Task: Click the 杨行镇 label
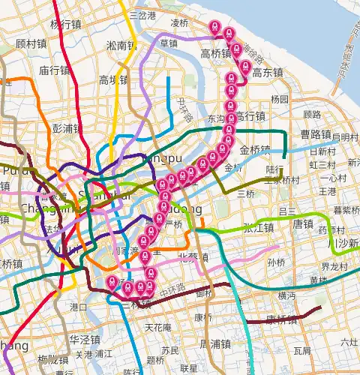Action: (x=65, y=24)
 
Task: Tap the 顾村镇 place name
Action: (x=31, y=43)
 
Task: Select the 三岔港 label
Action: (x=142, y=15)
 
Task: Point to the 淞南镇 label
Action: (x=121, y=45)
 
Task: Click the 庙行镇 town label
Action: (x=54, y=70)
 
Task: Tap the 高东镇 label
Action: (x=267, y=73)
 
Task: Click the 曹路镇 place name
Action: (x=316, y=135)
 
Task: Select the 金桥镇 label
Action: (x=255, y=149)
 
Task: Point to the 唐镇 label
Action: (x=303, y=223)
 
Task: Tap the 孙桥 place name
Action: (x=276, y=262)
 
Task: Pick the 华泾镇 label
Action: (x=85, y=339)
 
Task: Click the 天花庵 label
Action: (x=158, y=328)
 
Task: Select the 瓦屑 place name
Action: (x=302, y=350)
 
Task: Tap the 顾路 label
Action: (x=312, y=115)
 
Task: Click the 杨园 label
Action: (x=280, y=99)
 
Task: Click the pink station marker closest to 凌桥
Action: (x=215, y=27)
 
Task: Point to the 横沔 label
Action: (x=286, y=296)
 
